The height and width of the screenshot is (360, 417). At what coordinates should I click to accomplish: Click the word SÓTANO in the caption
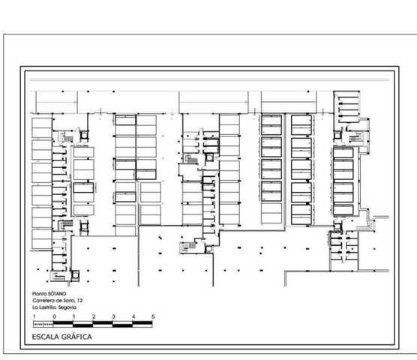click(57, 294)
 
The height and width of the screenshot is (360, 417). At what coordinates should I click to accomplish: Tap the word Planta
click(39, 294)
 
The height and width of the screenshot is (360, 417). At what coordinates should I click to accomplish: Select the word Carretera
click(43, 301)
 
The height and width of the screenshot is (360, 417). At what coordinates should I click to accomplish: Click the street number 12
click(79, 301)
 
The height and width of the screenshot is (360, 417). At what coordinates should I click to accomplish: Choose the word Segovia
click(67, 307)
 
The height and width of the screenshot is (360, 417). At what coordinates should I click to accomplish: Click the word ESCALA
click(46, 337)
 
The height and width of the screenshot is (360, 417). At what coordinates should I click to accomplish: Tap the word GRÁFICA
click(76, 337)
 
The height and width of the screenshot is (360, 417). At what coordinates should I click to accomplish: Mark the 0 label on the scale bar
click(54, 316)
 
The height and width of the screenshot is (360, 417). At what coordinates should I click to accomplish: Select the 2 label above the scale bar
click(94, 316)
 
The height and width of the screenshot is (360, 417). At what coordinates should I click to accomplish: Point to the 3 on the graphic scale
click(113, 316)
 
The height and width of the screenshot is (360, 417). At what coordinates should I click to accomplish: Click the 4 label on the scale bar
click(133, 316)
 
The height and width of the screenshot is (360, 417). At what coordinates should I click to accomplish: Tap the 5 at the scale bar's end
click(153, 316)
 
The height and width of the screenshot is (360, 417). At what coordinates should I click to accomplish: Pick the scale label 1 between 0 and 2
click(74, 316)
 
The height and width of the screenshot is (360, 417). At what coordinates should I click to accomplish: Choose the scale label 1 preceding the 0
click(34, 316)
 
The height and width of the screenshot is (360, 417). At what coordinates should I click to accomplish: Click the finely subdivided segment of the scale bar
click(43, 324)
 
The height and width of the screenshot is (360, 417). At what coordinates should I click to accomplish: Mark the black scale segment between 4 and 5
click(142, 322)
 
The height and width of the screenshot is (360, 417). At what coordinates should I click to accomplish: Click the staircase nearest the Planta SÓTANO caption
click(58, 276)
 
